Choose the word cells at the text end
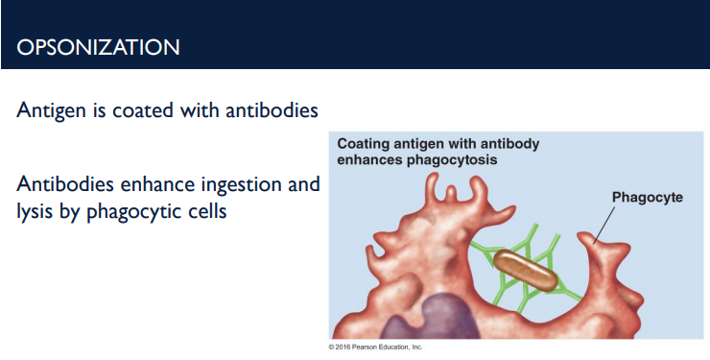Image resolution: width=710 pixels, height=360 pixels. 203,210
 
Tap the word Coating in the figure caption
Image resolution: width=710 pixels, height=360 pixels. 364,144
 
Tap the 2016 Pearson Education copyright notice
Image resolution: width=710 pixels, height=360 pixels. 374,347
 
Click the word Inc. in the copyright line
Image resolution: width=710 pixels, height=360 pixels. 416,347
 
